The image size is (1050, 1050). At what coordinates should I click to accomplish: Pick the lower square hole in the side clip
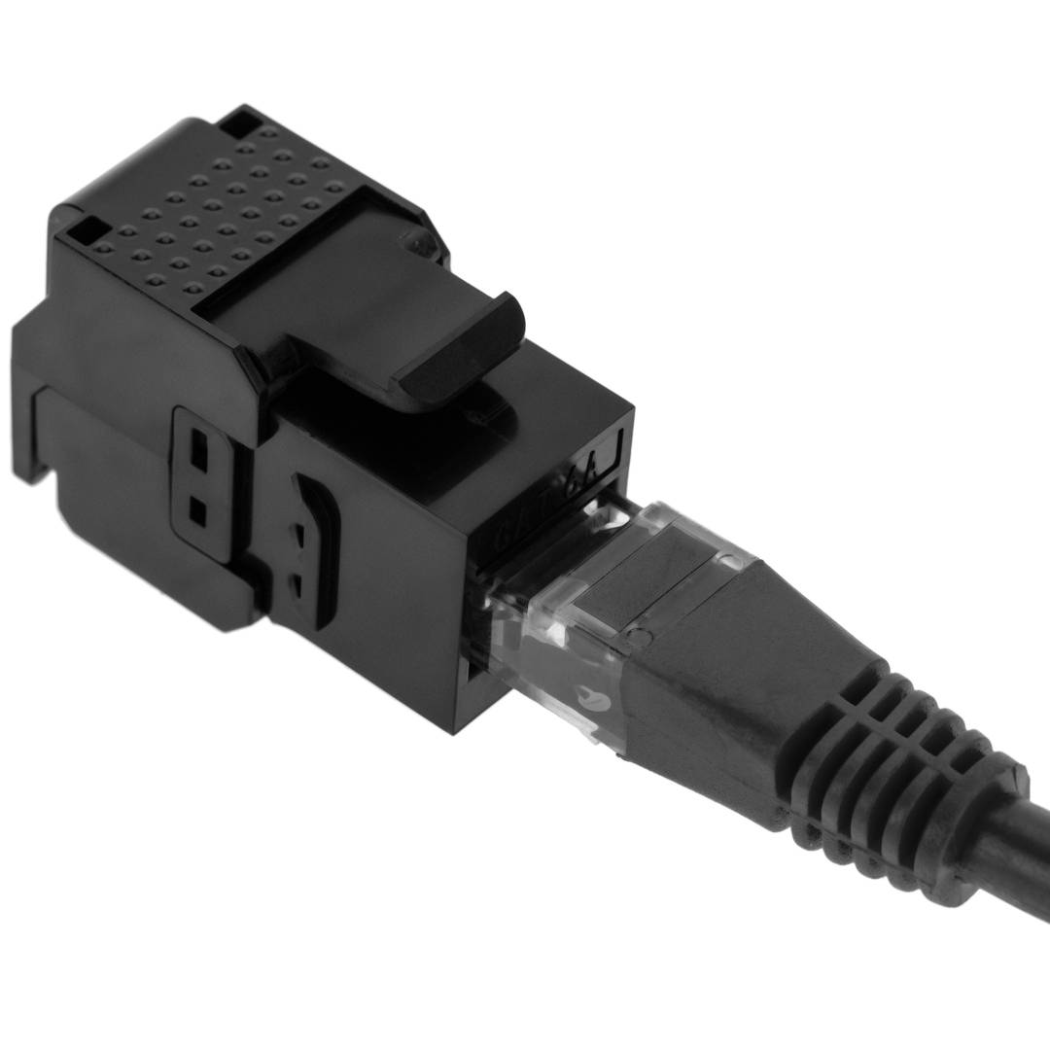pyautogui.click(x=197, y=510)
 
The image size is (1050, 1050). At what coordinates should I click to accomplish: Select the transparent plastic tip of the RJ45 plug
pyautogui.click(x=554, y=632)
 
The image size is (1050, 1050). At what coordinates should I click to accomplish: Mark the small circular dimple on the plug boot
pyautogui.click(x=640, y=638)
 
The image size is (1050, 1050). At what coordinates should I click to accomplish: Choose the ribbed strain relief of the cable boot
pyautogui.click(x=894, y=758)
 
